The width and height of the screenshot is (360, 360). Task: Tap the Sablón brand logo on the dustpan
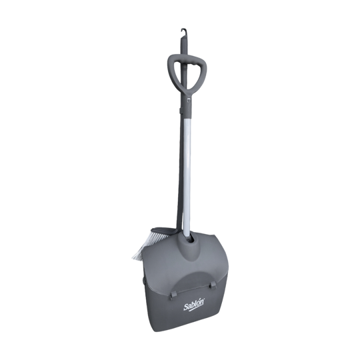pos(194,306)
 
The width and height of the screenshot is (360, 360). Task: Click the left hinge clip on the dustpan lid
pos(172,295)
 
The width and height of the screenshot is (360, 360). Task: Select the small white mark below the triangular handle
pos(188,99)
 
